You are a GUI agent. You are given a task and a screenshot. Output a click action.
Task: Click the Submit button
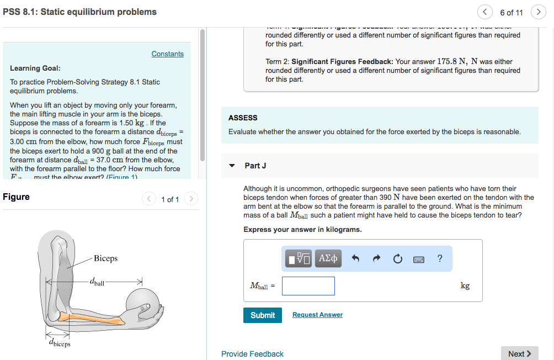pos(262,315)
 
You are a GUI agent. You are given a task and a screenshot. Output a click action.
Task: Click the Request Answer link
pos(317,315)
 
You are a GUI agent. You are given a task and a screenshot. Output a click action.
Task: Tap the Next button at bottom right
pos(519,353)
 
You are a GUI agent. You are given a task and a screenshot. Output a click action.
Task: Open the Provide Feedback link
pos(252,354)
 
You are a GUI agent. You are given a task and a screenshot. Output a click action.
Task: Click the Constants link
pos(167,54)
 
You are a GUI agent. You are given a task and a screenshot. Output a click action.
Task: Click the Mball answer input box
pos(308,285)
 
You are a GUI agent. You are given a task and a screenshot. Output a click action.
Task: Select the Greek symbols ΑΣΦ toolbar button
pos(328,258)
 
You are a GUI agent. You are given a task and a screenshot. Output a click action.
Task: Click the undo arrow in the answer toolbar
pos(356,258)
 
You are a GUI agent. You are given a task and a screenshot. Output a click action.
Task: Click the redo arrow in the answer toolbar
pos(377,258)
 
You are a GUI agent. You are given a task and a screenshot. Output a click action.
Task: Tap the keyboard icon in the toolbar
pos(419,258)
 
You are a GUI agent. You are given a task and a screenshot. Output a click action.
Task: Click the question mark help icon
pos(439,258)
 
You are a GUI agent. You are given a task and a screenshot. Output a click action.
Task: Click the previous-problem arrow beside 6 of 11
pos(485,12)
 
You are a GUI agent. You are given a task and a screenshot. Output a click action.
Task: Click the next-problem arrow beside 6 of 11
pos(538,12)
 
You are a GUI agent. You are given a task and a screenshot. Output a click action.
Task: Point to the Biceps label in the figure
pos(105,258)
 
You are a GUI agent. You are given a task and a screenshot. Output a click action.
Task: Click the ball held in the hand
pos(142,302)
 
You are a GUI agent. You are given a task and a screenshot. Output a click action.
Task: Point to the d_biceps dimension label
pos(60,343)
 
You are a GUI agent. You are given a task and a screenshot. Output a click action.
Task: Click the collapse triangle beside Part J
pos(232,166)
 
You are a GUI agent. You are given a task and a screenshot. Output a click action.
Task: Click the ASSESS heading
pos(243,118)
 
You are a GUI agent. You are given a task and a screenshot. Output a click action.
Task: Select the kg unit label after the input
pos(465,285)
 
